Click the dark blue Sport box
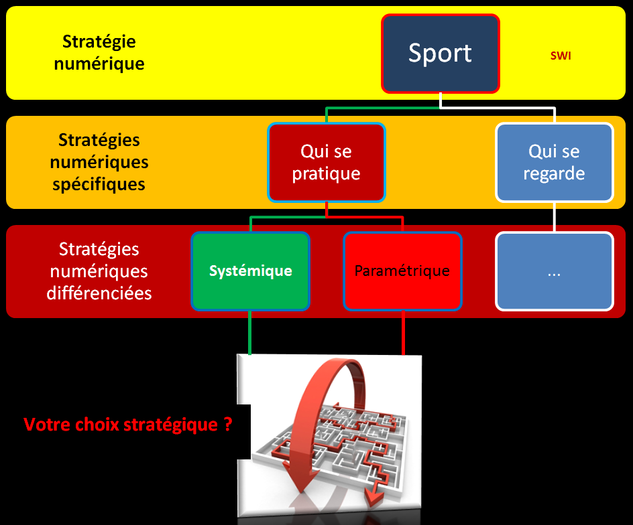(x=441, y=53)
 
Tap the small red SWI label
(x=561, y=56)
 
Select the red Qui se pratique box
(x=326, y=162)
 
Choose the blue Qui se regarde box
(x=554, y=162)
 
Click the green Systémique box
(x=250, y=271)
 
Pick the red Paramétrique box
(x=402, y=271)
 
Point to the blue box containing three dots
(x=554, y=271)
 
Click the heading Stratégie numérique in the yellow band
(x=99, y=53)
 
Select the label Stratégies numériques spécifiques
(x=99, y=162)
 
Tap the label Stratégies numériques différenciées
(x=99, y=271)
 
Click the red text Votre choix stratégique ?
(x=127, y=425)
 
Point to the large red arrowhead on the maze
(x=292, y=472)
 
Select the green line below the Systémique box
(x=249, y=332)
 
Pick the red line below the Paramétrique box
(x=403, y=332)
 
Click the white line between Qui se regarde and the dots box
(x=554, y=216)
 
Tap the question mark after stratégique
(x=228, y=425)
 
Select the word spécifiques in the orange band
(x=99, y=183)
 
